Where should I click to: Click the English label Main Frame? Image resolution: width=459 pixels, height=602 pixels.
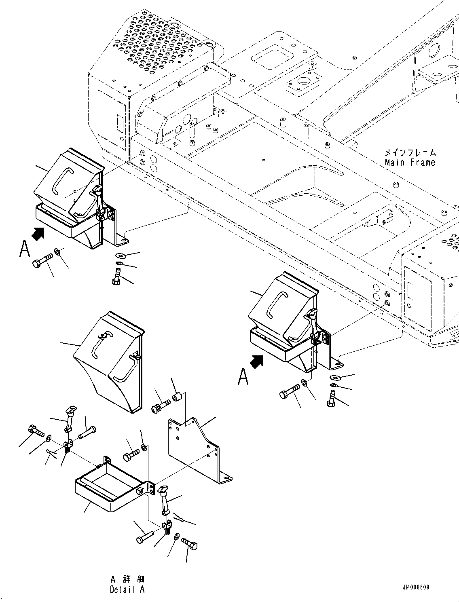(410, 163)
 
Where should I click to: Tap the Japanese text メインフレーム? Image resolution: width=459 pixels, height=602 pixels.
(410, 152)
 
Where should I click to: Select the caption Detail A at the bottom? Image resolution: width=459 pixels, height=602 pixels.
(127, 589)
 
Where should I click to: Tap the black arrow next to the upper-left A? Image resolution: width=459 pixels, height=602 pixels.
(38, 233)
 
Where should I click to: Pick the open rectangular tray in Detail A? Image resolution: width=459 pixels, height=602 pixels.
(109, 487)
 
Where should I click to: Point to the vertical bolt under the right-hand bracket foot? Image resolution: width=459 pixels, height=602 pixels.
(332, 399)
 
